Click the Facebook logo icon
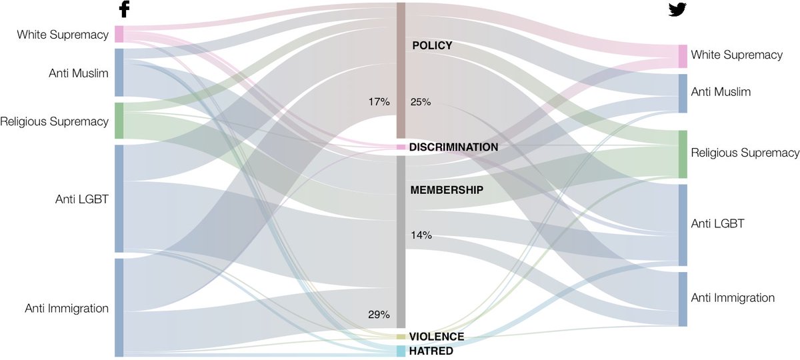123,9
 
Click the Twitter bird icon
677,9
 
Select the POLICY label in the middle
432,45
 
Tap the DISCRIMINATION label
453,147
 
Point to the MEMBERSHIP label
446,190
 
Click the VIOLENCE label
437,337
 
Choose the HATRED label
431,351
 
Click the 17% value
378,102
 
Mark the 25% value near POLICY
421,102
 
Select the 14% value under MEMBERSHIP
421,235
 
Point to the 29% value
378,315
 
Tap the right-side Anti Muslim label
721,92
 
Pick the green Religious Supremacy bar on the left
119,121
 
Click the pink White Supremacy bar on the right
683,56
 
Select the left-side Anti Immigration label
67,308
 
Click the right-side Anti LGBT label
717,224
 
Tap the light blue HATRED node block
401,351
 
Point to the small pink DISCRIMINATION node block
401,147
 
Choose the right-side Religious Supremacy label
745,153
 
